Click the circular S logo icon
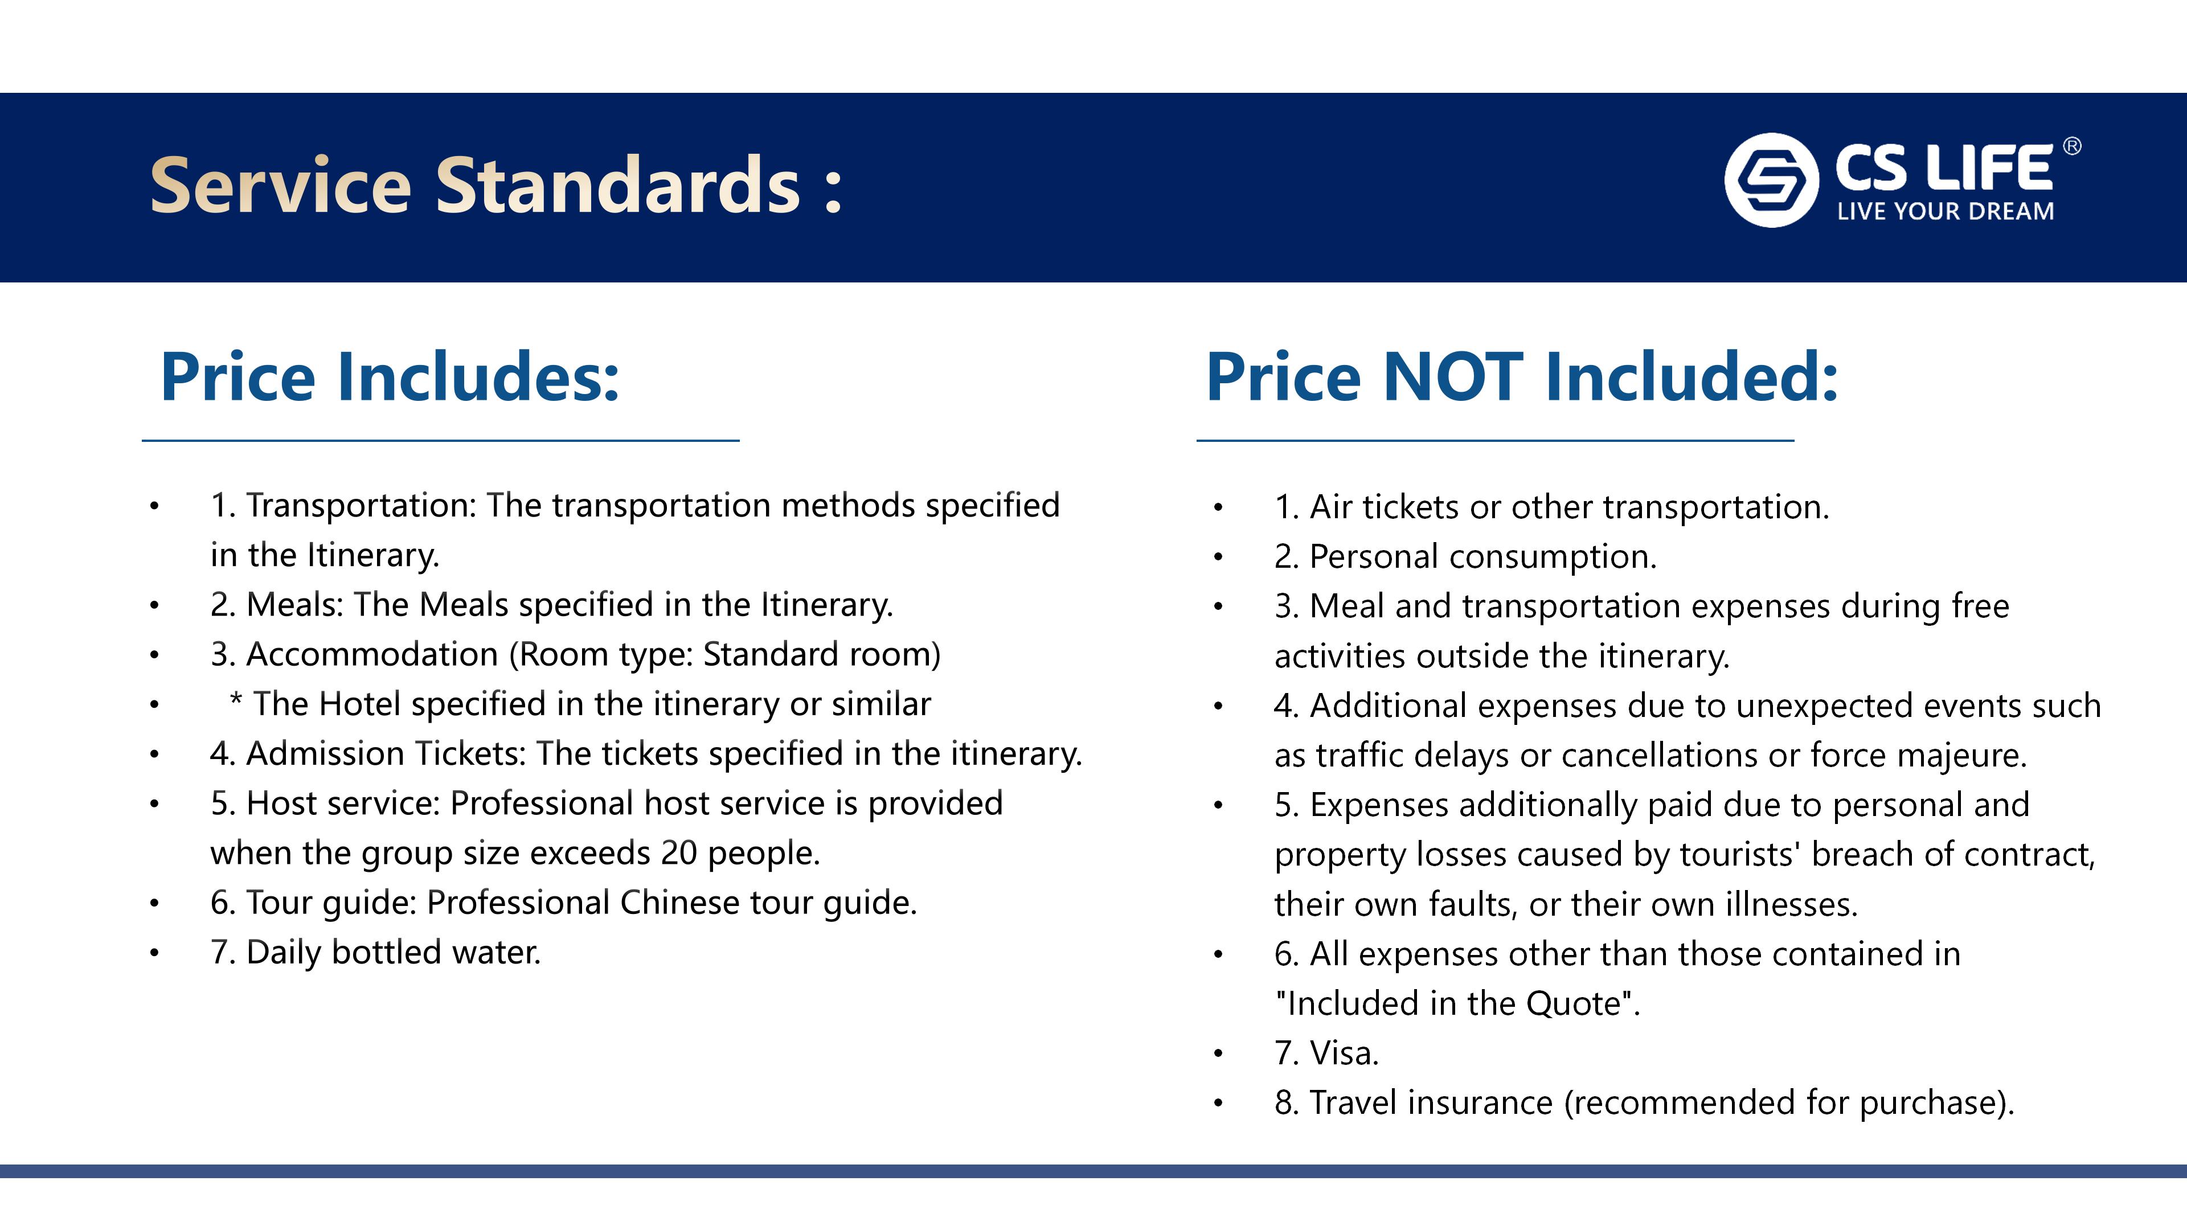(x=1771, y=180)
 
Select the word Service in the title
(x=281, y=185)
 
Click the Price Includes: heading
(x=390, y=377)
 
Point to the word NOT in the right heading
(x=1453, y=377)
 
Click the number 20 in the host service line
(x=679, y=853)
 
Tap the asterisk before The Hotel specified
(x=236, y=701)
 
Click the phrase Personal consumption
(x=1483, y=557)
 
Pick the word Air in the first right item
(x=1331, y=507)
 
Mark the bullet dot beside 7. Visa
(x=1218, y=1054)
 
